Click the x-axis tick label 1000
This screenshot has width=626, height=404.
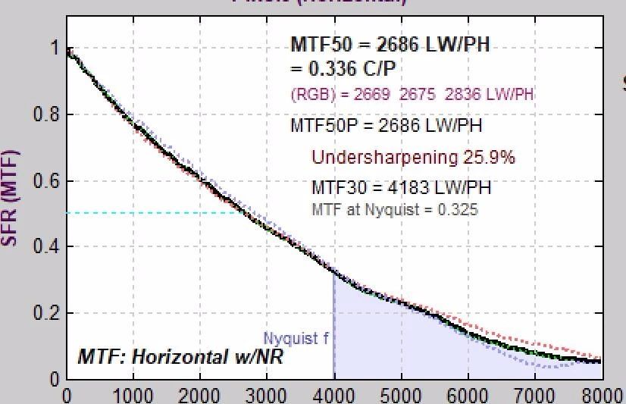coord(133,396)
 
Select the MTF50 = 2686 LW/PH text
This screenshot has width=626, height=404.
coord(390,45)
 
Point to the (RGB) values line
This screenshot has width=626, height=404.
coord(412,95)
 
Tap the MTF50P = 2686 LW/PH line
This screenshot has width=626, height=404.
coord(386,125)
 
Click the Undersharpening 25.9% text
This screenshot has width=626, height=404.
coord(413,158)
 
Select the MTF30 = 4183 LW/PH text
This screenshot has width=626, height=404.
coord(401,186)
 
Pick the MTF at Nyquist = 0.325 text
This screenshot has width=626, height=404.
coord(395,209)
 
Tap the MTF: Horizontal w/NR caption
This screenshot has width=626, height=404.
coord(180,356)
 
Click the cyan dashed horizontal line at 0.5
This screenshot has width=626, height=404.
coord(152,213)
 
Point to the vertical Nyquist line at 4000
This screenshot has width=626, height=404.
coord(334,326)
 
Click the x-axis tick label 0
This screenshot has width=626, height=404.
coord(67,396)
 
